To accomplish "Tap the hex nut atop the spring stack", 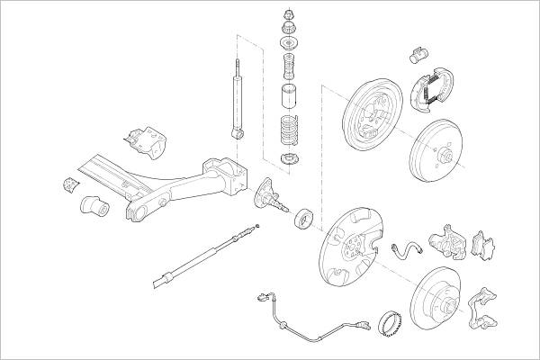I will [289, 14].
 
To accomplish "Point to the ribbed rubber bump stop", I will [289, 67].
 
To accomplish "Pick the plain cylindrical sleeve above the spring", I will [289, 97].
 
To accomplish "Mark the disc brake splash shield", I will [346, 248].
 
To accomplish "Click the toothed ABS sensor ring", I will [389, 319].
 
